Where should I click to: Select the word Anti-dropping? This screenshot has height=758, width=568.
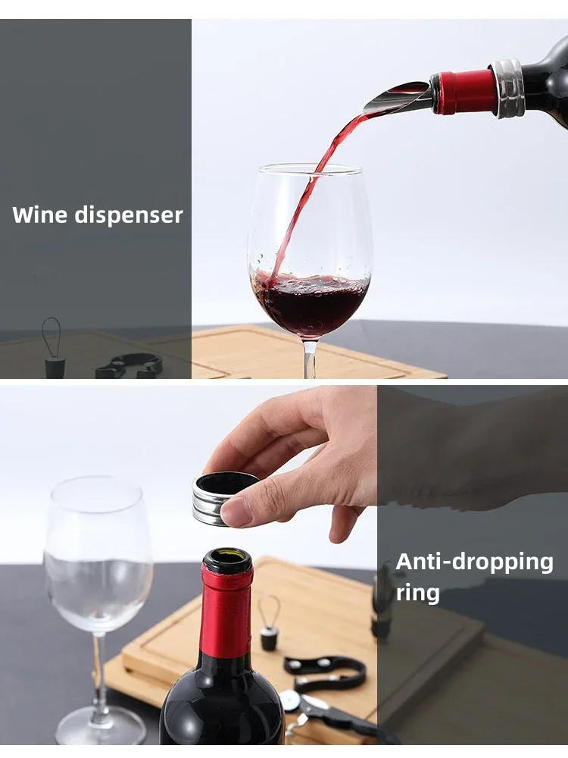474,562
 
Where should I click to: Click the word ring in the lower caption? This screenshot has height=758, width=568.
417,592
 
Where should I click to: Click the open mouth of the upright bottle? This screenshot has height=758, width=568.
227,559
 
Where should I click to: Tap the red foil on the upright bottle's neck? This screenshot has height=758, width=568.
226,614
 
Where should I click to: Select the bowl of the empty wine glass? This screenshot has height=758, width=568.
98,553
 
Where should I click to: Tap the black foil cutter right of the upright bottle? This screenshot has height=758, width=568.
326,671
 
